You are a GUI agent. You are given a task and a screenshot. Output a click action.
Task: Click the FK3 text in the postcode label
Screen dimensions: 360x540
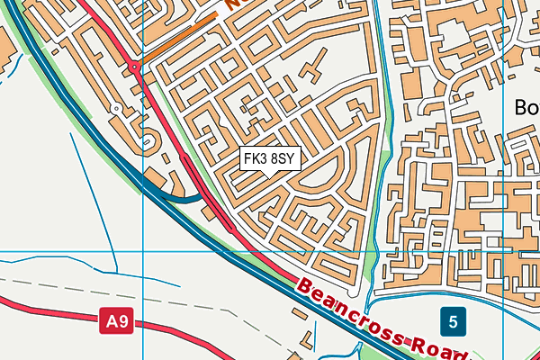[x=256, y=159]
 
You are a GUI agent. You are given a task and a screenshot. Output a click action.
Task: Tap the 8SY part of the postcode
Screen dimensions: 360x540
[x=283, y=159]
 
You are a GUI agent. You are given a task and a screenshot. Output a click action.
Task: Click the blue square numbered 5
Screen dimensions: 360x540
[x=454, y=319]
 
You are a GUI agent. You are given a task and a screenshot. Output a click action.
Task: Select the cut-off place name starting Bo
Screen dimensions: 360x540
[x=526, y=107]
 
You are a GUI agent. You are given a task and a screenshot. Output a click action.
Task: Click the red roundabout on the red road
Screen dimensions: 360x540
[x=134, y=67]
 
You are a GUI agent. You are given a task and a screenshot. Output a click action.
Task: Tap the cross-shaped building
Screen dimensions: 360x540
[x=314, y=69]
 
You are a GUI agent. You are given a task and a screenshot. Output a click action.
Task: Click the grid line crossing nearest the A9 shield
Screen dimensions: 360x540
[x=143, y=251]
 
